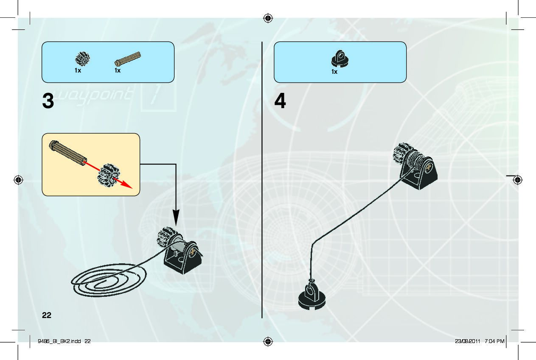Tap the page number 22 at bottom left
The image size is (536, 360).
(x=47, y=315)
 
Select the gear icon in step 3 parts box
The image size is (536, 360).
(x=83, y=59)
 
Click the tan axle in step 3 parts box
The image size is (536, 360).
(x=127, y=59)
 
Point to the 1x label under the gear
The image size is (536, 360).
(x=78, y=71)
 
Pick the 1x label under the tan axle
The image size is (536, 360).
(x=118, y=71)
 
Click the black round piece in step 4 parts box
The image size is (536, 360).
(x=340, y=59)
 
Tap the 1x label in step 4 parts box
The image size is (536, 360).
(x=334, y=72)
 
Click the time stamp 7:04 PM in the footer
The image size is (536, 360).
(x=494, y=341)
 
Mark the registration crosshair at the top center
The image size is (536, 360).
(x=268, y=18)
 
